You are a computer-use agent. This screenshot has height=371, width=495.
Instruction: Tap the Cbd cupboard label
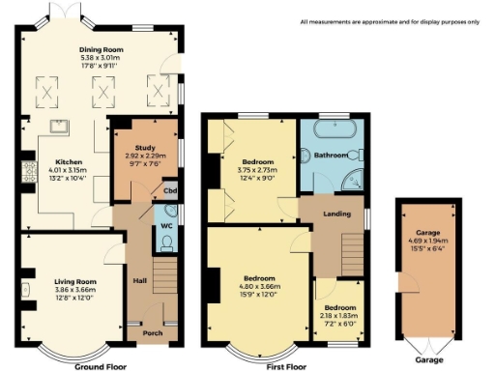[x=170, y=190]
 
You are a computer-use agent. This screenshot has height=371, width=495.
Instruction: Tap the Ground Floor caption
[x=101, y=367]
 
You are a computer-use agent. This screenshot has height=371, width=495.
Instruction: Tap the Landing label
[x=336, y=214]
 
